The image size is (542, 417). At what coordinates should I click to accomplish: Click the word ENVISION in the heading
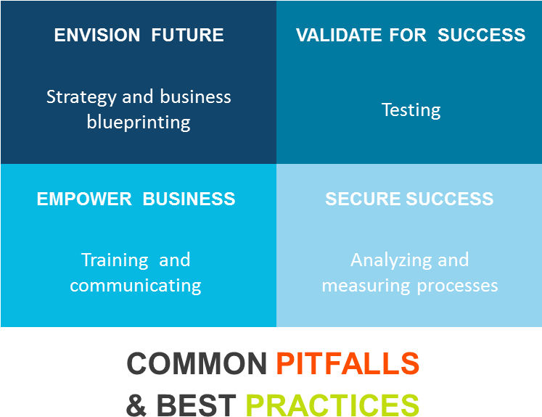[x=97, y=35]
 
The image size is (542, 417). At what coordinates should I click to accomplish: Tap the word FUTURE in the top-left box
[x=187, y=35]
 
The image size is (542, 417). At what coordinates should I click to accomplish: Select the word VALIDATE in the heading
[x=339, y=35]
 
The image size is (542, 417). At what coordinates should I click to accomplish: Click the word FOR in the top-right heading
[x=408, y=35]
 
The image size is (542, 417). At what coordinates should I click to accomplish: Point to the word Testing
[x=411, y=110]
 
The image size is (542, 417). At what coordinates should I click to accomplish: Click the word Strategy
[x=81, y=97]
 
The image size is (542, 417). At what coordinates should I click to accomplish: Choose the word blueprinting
[x=139, y=123]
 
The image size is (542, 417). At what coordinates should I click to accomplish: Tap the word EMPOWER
[x=84, y=199]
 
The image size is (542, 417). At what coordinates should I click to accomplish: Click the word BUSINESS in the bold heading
[x=189, y=199]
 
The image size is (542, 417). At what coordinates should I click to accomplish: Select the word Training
[x=115, y=260]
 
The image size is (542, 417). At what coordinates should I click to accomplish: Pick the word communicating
[x=136, y=286]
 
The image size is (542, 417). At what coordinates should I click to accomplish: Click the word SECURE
[x=363, y=199]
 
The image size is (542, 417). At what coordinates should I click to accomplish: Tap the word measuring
[x=366, y=286]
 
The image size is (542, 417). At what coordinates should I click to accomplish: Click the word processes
[x=457, y=286]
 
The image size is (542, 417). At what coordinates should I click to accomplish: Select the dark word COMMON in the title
[x=197, y=363]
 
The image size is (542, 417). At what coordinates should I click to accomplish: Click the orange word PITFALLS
[x=348, y=363]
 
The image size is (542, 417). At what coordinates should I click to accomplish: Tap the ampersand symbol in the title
[x=136, y=405]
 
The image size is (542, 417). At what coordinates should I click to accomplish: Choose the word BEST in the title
[x=197, y=405]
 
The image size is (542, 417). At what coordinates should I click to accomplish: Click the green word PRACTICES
[x=332, y=405]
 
